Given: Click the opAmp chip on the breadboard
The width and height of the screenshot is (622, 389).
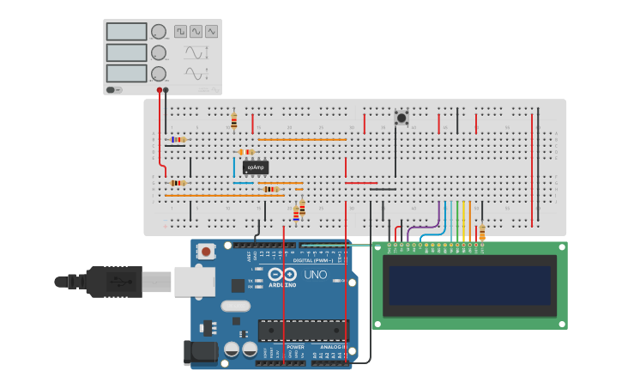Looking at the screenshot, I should point(255,167).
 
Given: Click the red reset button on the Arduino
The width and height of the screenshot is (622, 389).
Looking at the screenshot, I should point(206,252).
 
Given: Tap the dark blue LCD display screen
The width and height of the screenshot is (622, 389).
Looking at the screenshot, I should point(469,286).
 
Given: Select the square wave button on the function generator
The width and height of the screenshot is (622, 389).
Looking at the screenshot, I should point(180,31).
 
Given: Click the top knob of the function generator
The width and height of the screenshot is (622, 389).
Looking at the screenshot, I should point(159,32).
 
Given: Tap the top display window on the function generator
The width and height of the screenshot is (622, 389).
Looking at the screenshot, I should point(126,32).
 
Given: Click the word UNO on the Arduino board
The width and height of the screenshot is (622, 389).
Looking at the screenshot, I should point(315,275).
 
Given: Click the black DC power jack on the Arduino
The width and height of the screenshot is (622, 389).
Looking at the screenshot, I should point(200,353).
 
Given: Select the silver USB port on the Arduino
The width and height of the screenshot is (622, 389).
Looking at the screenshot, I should point(194,281).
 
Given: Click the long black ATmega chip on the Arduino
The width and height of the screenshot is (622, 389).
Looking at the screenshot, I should point(303,330).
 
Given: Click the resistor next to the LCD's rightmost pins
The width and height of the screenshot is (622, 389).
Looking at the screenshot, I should point(482,232).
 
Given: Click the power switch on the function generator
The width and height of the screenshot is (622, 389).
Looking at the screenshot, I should point(113,89).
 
